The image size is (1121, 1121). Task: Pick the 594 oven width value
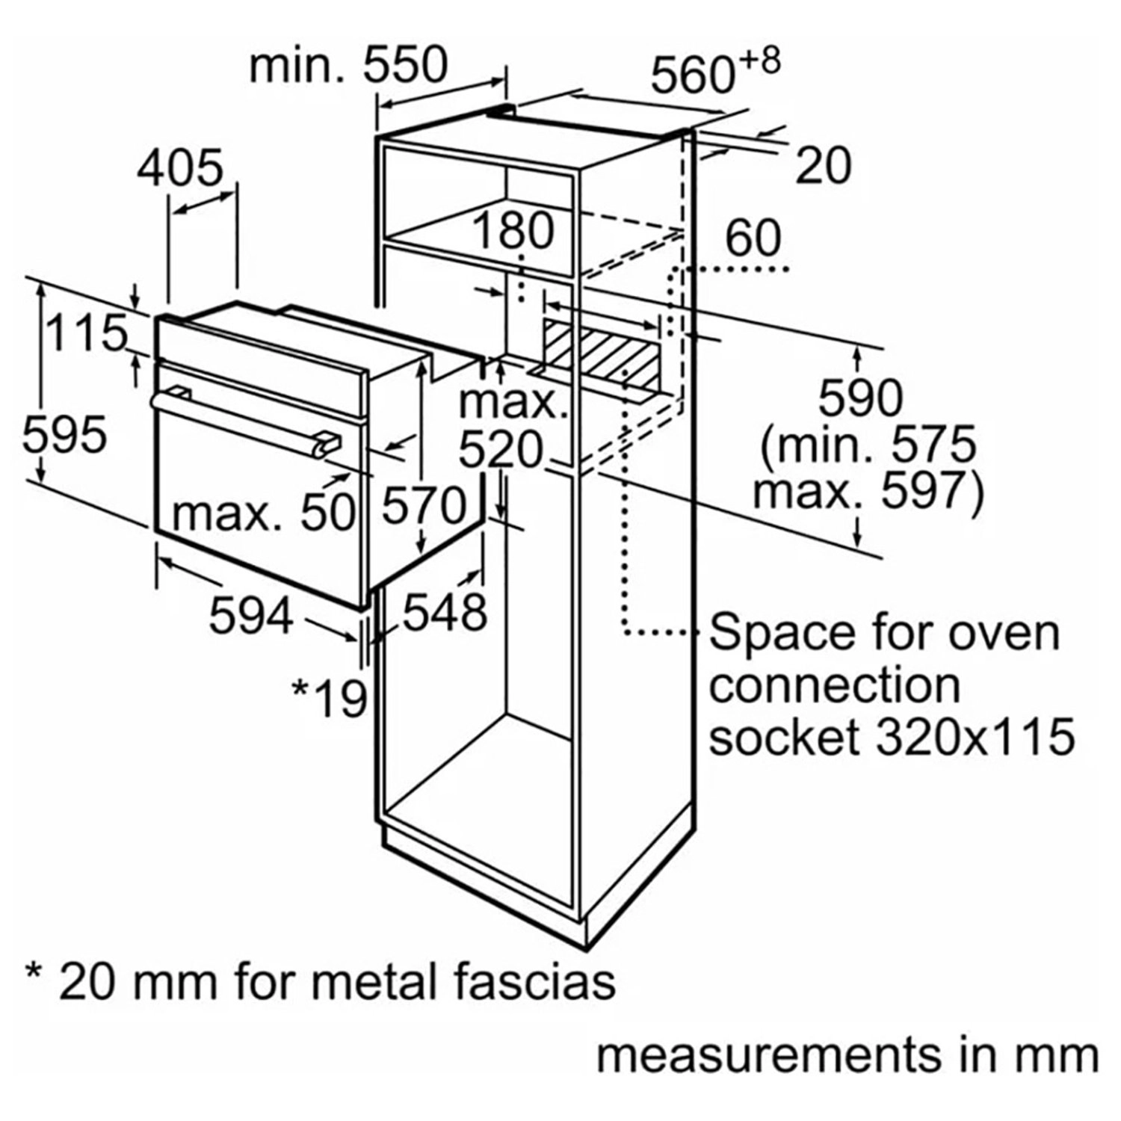(251, 617)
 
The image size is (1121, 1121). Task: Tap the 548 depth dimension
(445, 613)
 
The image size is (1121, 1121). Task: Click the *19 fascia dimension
(330, 698)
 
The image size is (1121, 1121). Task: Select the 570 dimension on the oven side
(424, 505)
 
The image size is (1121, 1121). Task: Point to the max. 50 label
(262, 513)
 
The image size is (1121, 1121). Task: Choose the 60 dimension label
(753, 238)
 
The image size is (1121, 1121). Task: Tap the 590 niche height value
(859, 398)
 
